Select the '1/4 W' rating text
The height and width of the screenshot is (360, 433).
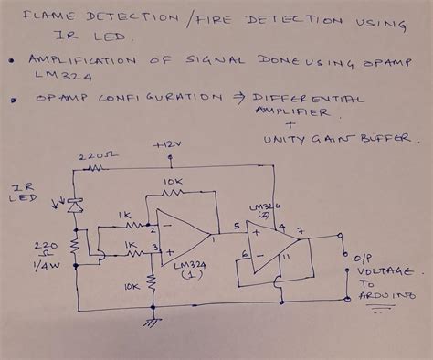pos(44,267)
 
